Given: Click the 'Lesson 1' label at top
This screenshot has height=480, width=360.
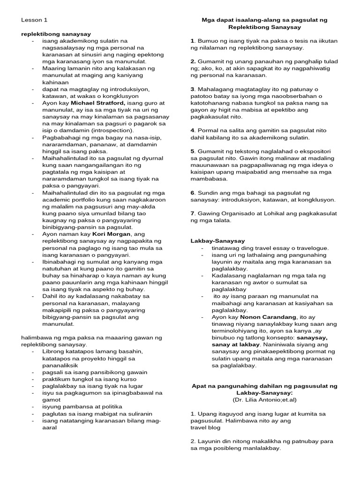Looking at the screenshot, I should (x=34, y=20).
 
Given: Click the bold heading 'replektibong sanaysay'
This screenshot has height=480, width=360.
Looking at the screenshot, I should (x=56, y=34).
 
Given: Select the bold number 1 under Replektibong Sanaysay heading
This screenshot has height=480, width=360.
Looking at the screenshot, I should (x=192, y=41).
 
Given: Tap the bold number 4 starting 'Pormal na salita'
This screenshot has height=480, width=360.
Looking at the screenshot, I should (x=192, y=130).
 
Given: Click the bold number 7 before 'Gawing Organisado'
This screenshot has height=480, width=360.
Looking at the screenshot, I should (x=192, y=214).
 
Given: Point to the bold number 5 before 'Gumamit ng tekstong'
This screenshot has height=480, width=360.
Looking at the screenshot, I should (x=192, y=151).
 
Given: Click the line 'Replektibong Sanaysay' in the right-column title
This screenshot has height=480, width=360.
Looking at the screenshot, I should (x=264, y=28).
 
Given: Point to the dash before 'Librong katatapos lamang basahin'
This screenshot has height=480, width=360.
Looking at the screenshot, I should (x=33, y=351).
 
